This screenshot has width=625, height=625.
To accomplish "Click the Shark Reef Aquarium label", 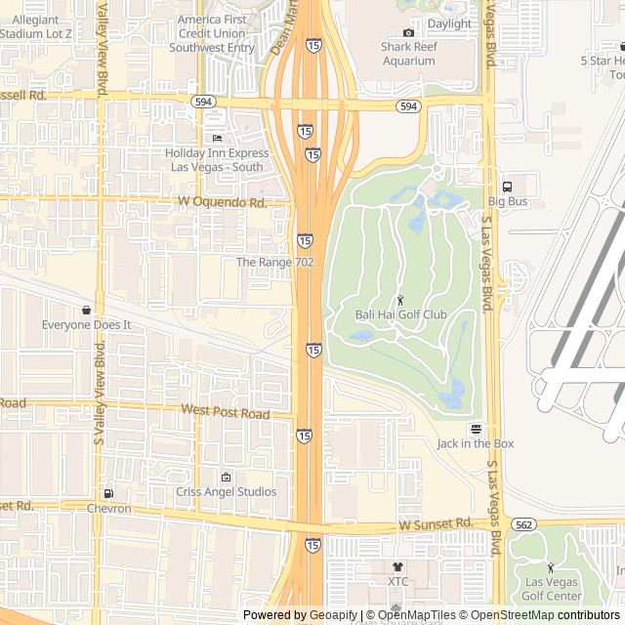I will click(x=408, y=54).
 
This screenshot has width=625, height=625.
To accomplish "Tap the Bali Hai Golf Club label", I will click(x=400, y=314).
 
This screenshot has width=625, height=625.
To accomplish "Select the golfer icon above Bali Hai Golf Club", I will click(x=400, y=299).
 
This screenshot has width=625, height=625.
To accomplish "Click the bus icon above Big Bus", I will click(x=507, y=187).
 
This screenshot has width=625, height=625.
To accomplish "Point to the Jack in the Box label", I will click(x=476, y=443).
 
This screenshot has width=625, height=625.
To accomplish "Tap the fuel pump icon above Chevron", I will click(x=108, y=493).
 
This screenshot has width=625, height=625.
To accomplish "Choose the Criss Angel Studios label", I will click(x=227, y=492).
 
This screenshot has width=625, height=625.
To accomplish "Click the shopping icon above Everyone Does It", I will click(x=86, y=310).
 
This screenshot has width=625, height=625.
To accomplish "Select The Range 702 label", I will click(x=274, y=263).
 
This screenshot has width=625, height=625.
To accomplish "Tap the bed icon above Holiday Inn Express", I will click(x=217, y=139).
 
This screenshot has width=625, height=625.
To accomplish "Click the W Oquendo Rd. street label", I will click(x=223, y=203).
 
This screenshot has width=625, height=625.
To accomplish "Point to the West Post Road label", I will click(x=225, y=414).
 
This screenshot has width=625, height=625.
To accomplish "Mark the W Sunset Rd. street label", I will click(x=437, y=524).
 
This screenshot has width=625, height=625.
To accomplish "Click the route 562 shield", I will click(x=523, y=524).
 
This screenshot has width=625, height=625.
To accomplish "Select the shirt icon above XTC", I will click(x=397, y=566).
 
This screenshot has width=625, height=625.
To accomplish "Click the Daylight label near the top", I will click(x=448, y=23).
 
